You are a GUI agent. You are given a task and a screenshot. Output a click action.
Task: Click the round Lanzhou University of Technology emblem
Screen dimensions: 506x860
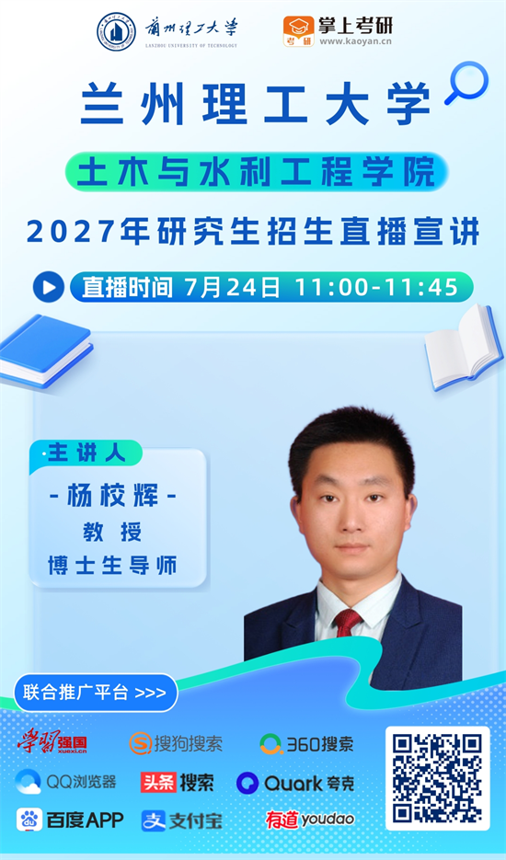click(116, 32)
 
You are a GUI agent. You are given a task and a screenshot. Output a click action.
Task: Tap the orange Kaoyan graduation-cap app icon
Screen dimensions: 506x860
click(299, 31)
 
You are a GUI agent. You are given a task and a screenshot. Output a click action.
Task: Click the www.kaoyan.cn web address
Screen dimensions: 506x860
click(356, 41)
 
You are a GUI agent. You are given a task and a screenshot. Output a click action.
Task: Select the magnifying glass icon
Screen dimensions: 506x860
click(466, 82)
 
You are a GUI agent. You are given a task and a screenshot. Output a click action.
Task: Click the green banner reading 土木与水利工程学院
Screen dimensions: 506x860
click(257, 171)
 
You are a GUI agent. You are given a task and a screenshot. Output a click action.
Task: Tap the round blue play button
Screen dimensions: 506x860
click(49, 287)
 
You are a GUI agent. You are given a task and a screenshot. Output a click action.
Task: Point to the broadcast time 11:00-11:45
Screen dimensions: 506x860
click(376, 287)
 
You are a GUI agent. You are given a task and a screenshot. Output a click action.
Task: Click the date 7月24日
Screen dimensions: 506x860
click(232, 287)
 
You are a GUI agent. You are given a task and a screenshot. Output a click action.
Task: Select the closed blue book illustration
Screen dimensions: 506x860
click(45, 351)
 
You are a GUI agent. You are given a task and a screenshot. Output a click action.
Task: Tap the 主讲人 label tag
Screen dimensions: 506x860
click(86, 453)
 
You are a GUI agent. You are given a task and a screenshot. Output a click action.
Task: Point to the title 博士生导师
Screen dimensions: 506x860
click(112, 566)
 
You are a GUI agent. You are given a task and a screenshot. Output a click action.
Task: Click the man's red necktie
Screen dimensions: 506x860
click(348, 623)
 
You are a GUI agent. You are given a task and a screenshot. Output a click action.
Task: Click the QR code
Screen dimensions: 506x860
click(437, 778)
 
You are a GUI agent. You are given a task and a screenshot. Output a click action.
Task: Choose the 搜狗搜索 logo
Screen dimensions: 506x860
click(176, 744)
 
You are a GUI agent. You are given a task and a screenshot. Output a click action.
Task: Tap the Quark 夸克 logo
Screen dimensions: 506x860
click(295, 783)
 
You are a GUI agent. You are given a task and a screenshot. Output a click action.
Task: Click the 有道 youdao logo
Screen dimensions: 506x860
click(310, 820)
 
